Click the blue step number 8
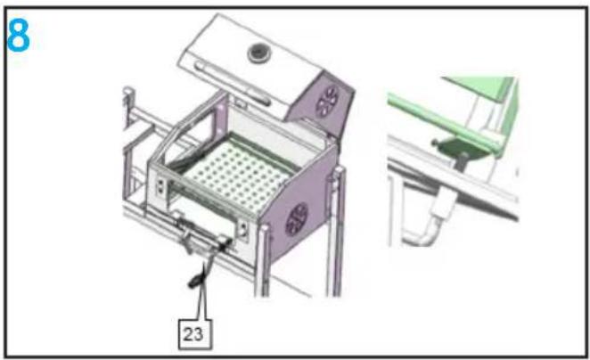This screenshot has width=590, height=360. coord(18,36)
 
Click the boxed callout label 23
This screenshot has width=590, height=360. coord(195,334)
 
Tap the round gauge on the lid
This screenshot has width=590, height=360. coord(258,53)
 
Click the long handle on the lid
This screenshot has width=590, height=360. coord(232,83)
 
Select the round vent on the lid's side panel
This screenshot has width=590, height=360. coord(327,101)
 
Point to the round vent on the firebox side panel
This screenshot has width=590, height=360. coord(297,219)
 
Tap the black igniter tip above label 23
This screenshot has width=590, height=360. coord(196,282)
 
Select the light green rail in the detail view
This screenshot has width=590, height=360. coord(444,118)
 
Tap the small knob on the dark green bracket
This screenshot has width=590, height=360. coord(435,143)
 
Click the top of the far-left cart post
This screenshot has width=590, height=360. coord(128,91)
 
